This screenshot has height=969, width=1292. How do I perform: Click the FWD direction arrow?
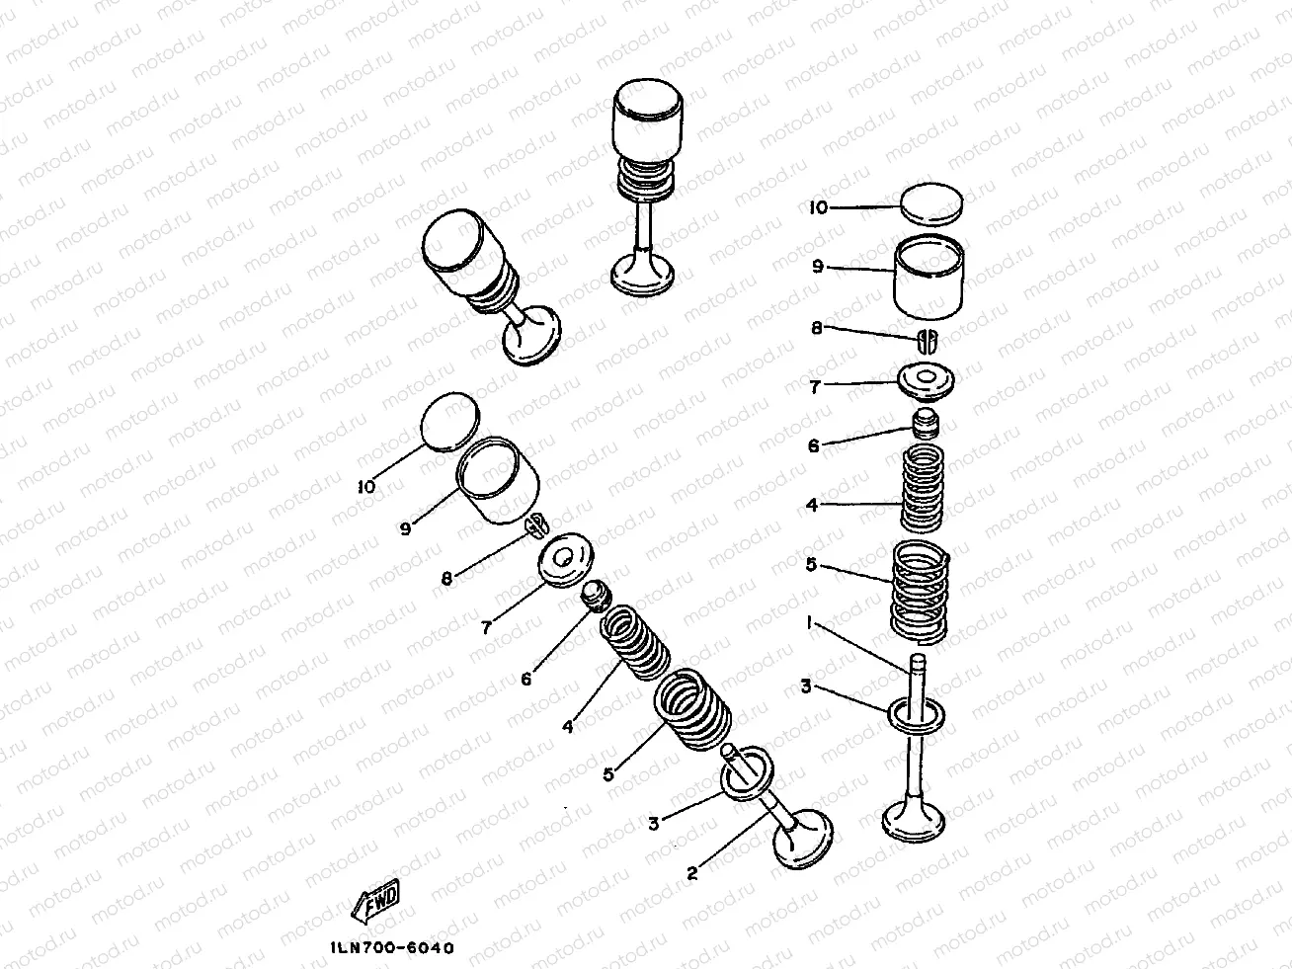point(375,901)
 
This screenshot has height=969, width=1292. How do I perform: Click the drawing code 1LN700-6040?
point(392,948)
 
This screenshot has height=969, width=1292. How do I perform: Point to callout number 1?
point(810,622)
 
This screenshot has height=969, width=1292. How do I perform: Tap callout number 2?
point(692,873)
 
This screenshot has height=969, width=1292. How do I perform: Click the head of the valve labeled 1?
point(914,818)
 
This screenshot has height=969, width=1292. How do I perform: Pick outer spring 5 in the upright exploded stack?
point(921,592)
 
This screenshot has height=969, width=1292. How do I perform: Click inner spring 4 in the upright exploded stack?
point(923,488)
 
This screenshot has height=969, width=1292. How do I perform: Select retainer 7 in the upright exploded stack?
point(926,382)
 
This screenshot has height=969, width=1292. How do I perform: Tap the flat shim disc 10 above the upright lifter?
point(931,204)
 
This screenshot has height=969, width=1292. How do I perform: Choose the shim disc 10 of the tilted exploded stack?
point(450,421)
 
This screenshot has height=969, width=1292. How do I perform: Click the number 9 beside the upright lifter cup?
point(818,266)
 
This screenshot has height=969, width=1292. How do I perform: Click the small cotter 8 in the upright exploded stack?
point(928,341)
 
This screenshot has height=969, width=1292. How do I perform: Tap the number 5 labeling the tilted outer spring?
point(608,774)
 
